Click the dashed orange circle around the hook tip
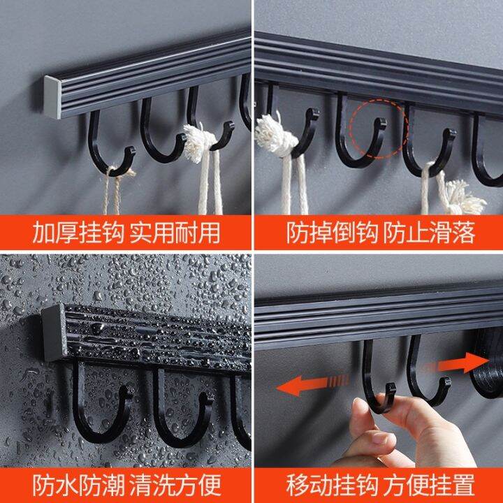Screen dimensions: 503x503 pos(377,123)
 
